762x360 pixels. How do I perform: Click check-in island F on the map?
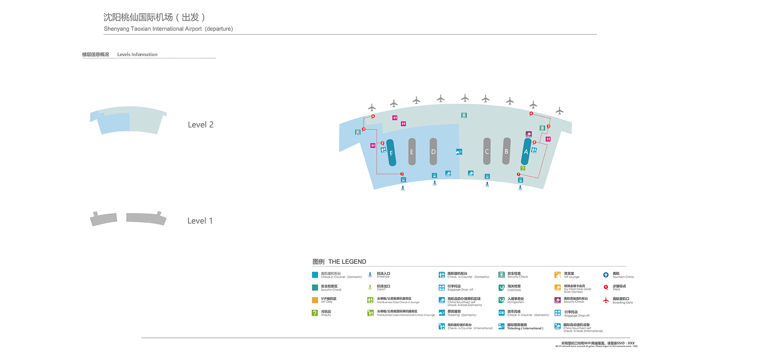391,153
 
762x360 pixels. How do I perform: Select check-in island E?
412,152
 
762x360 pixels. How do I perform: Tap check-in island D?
433,152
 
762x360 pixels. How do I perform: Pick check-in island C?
487,151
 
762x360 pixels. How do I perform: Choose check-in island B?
506,151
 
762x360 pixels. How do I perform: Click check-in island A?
526,152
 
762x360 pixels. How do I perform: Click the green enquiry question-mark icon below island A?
523,168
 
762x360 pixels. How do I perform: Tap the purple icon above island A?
528,134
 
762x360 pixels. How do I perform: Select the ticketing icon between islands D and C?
459,152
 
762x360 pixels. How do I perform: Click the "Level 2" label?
200,125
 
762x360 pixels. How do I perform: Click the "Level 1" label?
200,221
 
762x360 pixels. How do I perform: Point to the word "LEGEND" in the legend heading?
353,262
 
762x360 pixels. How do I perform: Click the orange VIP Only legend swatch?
315,300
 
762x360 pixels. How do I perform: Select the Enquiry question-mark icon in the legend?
315,313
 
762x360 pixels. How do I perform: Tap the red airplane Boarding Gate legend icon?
606,300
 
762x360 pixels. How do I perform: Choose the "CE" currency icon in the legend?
501,313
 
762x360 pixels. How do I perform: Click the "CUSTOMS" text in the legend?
514,290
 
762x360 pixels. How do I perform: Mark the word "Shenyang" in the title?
117,29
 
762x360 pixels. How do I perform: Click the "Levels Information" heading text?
137,54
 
